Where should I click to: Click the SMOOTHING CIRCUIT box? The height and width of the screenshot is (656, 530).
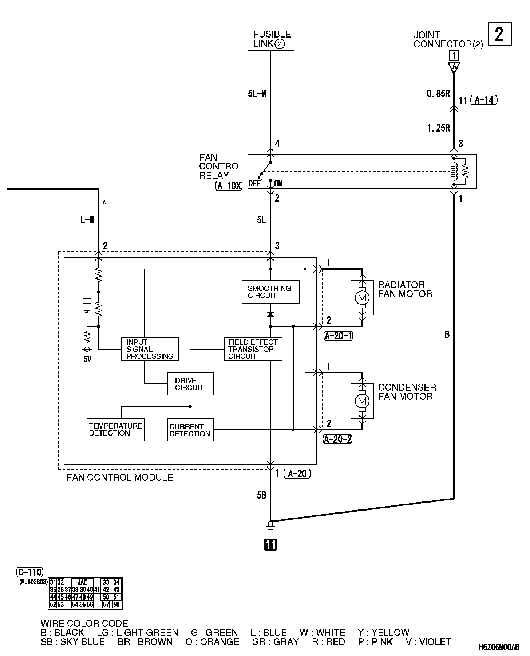pos(270,292)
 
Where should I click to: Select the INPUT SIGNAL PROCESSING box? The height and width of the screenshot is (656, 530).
pos(150,349)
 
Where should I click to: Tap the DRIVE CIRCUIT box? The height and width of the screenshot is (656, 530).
pos(190,384)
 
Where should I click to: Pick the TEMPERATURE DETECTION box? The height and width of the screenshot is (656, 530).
pos(116,430)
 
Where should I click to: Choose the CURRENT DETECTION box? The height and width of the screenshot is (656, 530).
pos(190,430)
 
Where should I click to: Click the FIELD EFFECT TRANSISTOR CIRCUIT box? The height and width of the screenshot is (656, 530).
pos(253,349)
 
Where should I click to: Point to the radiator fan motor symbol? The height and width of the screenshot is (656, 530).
pos(362,298)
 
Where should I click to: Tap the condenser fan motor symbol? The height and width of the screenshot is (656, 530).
pos(362,401)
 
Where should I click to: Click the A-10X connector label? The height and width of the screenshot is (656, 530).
pos(229,186)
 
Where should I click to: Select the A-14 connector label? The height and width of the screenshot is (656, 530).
pos(484,100)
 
